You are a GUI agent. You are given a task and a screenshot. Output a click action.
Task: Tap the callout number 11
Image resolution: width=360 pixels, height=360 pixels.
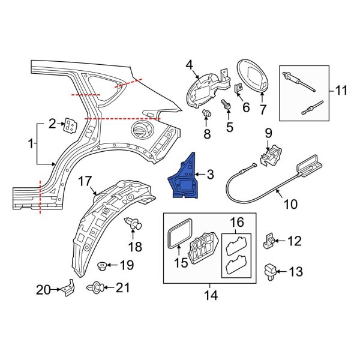[341, 91]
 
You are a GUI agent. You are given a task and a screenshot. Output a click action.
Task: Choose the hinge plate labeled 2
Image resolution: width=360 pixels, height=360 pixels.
[71, 125]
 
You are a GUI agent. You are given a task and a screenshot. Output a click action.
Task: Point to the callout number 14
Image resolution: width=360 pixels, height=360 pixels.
[210, 295]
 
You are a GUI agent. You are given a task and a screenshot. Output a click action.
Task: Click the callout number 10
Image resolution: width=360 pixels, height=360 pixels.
[290, 204]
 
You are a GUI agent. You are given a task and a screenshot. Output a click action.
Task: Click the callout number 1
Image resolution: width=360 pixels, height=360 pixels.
[31, 143]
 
